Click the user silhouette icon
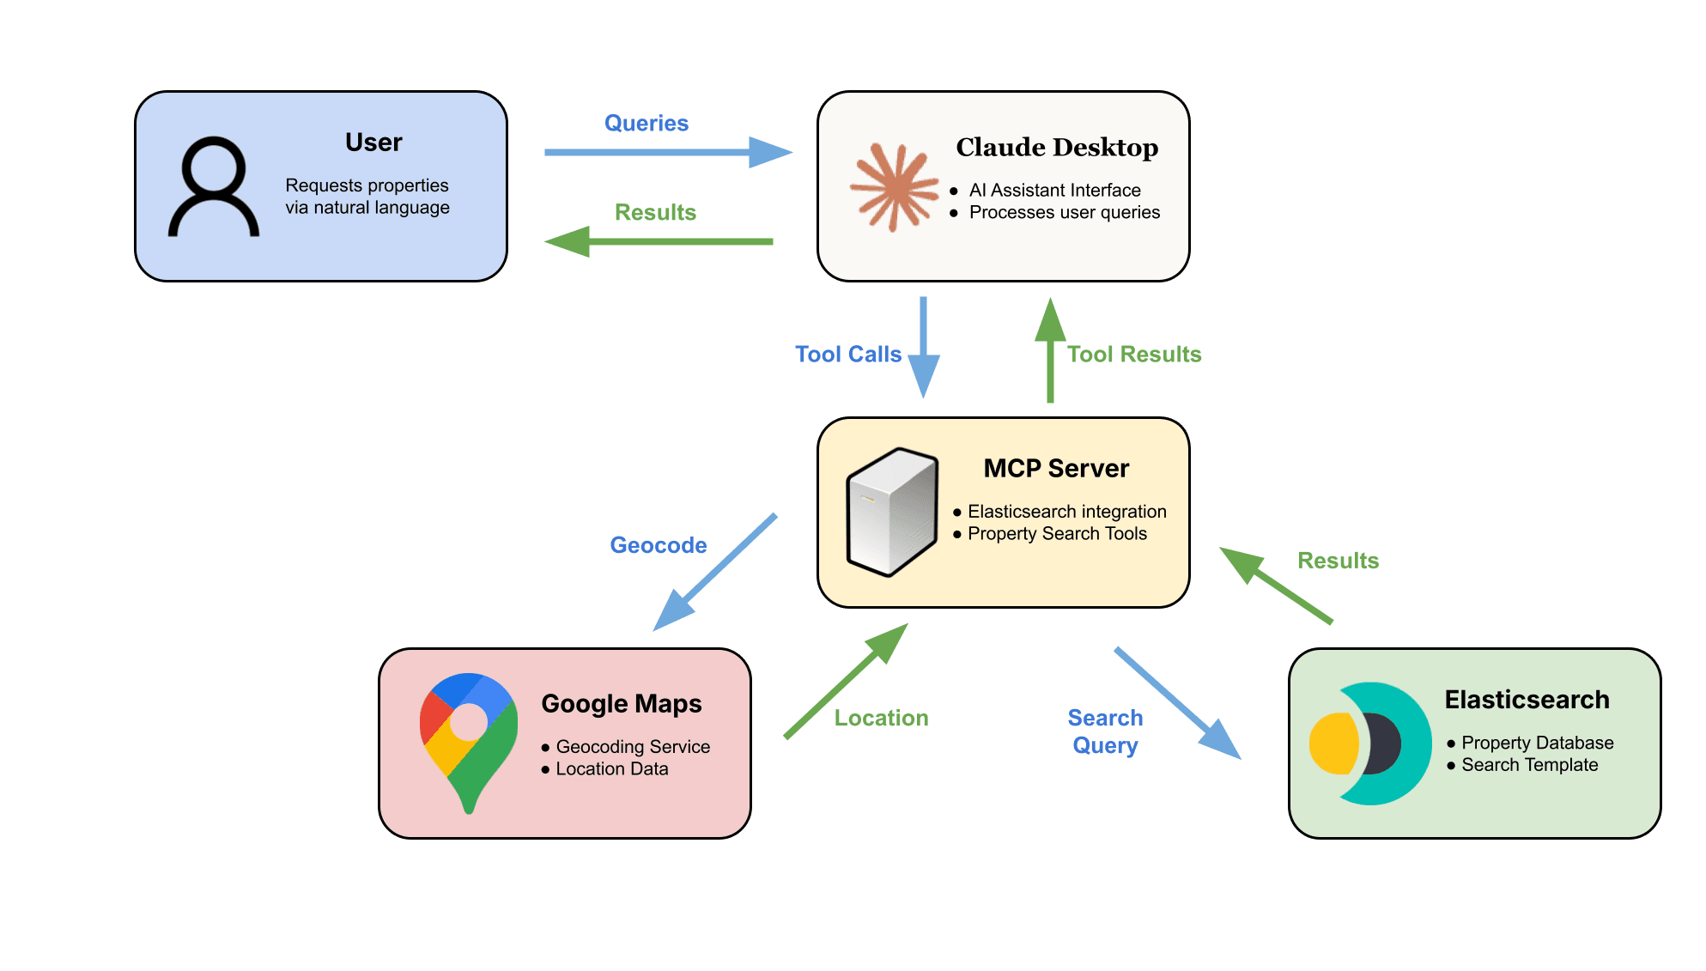[214, 186]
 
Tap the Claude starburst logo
[894, 187]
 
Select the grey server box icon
[891, 512]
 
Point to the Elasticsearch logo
[1370, 743]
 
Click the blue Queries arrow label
[647, 124]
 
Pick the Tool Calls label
[848, 355]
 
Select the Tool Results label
[1134, 355]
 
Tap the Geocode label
[659, 545]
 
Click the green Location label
[882, 719]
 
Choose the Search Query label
[1106, 731]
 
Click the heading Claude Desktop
[1057, 148]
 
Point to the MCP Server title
[1056, 469]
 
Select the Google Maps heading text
[622, 704]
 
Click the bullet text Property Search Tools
[1057, 534]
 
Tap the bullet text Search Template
[1530, 765]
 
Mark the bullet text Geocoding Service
[633, 747]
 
